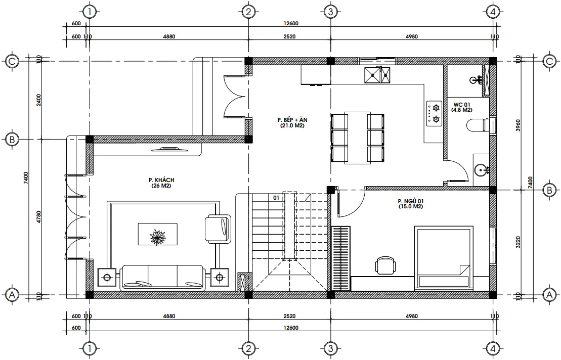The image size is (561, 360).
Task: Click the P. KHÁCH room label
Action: (x=158, y=183)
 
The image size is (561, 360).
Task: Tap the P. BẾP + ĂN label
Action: (x=292, y=122)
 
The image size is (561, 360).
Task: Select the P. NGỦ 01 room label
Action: (x=410, y=203)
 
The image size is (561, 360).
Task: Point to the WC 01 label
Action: (x=462, y=107)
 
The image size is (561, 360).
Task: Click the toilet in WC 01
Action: (x=479, y=125)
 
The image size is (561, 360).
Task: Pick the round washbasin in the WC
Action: (x=481, y=169)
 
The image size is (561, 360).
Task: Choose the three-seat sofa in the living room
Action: (x=162, y=277)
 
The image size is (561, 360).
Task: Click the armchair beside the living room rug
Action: (x=218, y=229)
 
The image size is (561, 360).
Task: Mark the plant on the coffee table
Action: (x=157, y=236)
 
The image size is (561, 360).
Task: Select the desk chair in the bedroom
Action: (x=385, y=265)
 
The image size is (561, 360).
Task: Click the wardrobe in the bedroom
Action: (x=340, y=258)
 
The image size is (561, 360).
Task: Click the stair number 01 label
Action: (x=276, y=197)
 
